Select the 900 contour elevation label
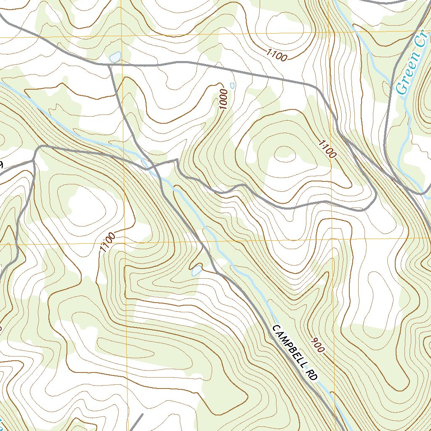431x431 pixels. coord(318,345)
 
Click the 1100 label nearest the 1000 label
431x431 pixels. coord(277,55)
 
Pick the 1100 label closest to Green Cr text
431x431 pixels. coord(327,149)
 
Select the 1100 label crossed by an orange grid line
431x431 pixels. coord(107,243)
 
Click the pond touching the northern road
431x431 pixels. coord(114,57)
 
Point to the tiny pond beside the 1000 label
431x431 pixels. coord(232,85)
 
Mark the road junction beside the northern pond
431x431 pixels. coord(110,66)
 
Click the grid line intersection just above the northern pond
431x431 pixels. coord(121,37)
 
